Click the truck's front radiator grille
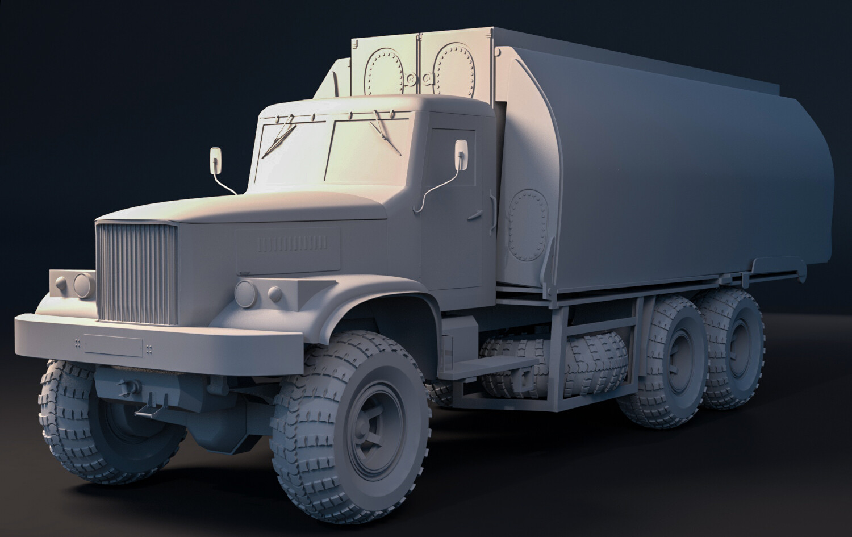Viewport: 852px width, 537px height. (x=136, y=273)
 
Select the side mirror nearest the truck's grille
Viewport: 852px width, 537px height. (x=216, y=160)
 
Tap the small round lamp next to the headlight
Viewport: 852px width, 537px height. (x=275, y=294)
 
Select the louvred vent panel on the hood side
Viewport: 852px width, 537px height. (x=292, y=244)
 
